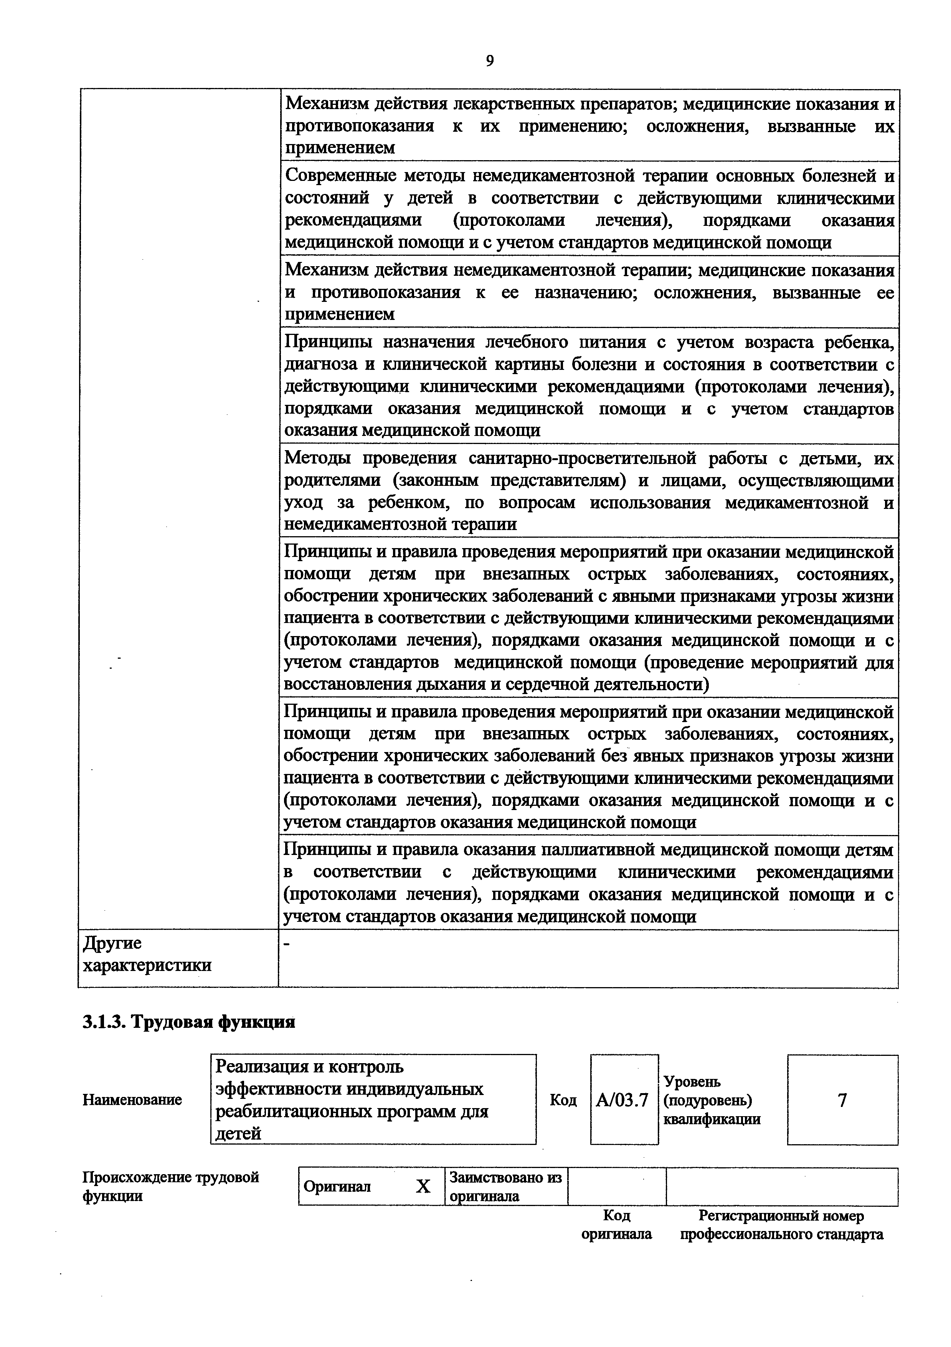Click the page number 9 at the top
(490, 61)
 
